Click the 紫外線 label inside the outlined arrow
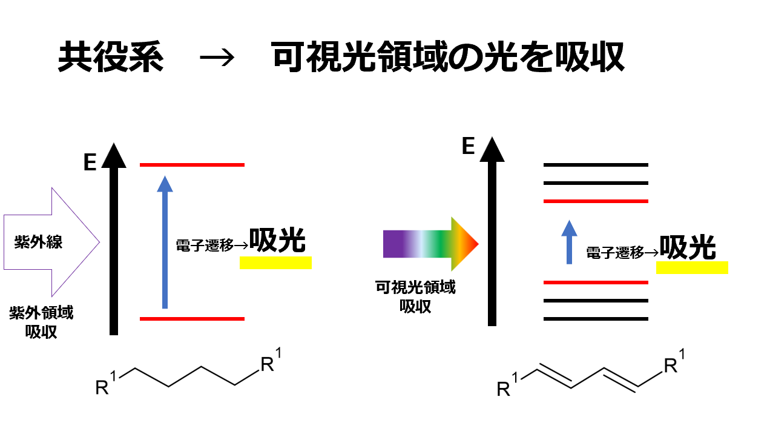point(39,243)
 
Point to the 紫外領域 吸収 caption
point(41,323)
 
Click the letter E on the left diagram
point(90,163)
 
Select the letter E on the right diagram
point(468,147)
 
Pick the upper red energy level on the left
point(192,165)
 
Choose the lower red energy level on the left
point(192,318)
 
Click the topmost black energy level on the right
point(596,165)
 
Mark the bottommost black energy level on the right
point(596,319)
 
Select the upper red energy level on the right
point(596,201)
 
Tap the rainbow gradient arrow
point(430,244)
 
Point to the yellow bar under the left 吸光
point(275,262)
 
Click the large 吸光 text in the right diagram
point(688,247)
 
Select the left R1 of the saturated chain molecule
point(107,385)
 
